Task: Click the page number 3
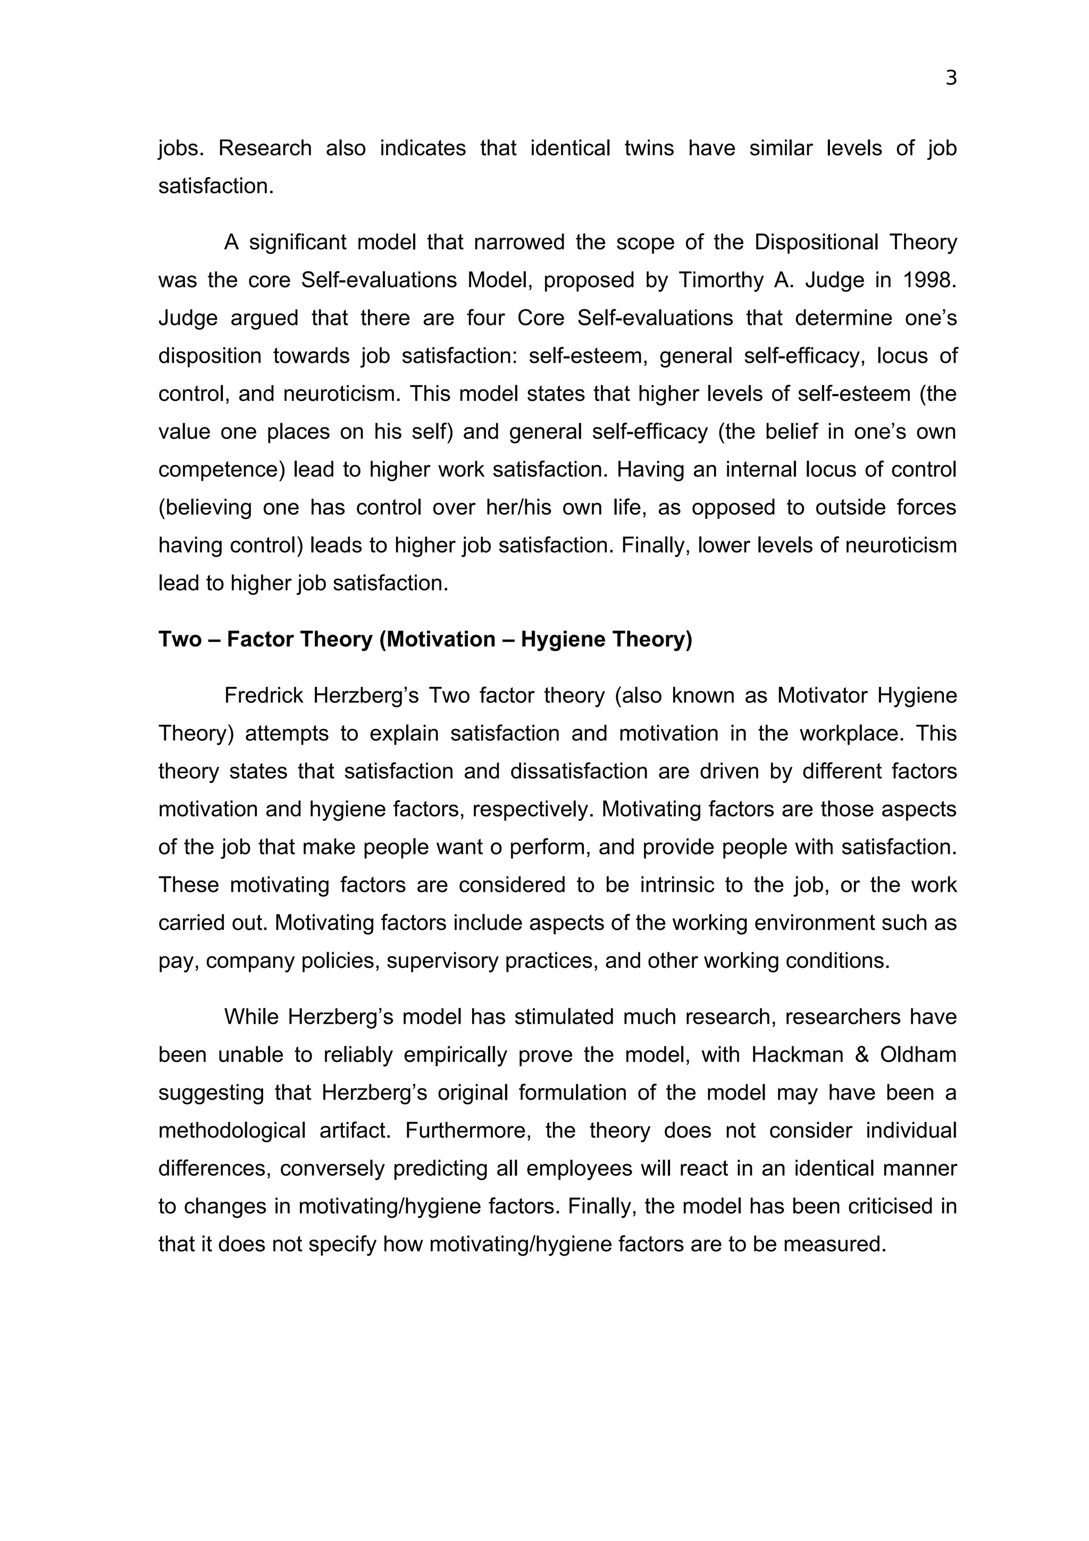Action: pyautogui.click(x=950, y=79)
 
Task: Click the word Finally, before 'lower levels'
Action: pyautogui.click(x=654, y=545)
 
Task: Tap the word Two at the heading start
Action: pyautogui.click(x=179, y=639)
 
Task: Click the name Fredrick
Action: pyautogui.click(x=264, y=696)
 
